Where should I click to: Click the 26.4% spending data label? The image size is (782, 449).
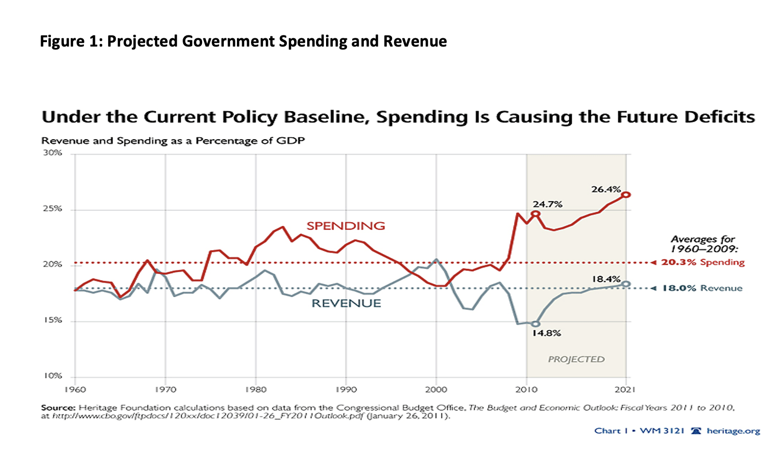pyautogui.click(x=606, y=189)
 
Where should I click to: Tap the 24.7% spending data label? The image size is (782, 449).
pyautogui.click(x=547, y=204)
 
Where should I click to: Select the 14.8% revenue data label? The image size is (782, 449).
pyautogui.click(x=547, y=333)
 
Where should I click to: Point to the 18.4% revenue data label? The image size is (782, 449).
pyautogui.click(x=606, y=279)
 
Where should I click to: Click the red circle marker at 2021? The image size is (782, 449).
pyautogui.click(x=626, y=194)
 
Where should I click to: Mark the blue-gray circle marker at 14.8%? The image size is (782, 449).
pyautogui.click(x=535, y=324)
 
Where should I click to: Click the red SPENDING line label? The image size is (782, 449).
pyautogui.click(x=345, y=225)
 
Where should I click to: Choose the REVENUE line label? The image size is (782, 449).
pyautogui.click(x=346, y=303)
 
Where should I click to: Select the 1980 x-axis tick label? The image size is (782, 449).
pyautogui.click(x=256, y=389)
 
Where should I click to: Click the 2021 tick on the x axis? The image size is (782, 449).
pyautogui.click(x=625, y=389)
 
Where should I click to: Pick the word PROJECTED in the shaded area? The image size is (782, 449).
pyautogui.click(x=576, y=359)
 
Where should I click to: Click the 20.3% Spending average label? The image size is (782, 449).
pyautogui.click(x=703, y=262)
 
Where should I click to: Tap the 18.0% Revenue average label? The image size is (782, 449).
pyautogui.click(x=702, y=288)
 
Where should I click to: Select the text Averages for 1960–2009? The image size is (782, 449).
pyautogui.click(x=704, y=244)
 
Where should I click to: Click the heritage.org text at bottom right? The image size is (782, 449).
pyautogui.click(x=733, y=431)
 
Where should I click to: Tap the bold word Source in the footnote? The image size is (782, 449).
pyautogui.click(x=58, y=408)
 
